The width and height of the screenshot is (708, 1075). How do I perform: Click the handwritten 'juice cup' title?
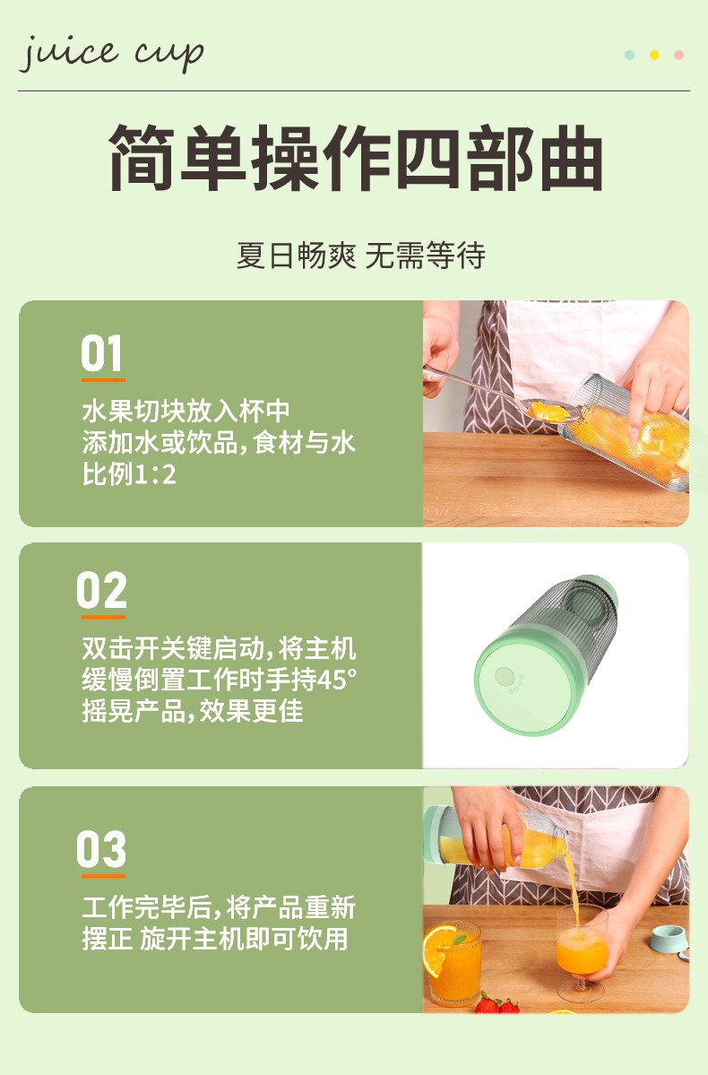click(112, 54)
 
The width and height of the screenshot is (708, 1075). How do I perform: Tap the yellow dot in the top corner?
click(654, 55)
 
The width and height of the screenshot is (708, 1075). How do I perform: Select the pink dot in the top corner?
click(678, 55)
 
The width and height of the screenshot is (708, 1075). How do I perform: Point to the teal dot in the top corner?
click(630, 55)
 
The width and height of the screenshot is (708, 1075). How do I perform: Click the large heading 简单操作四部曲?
click(356, 159)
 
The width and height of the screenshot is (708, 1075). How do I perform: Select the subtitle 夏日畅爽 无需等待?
click(360, 256)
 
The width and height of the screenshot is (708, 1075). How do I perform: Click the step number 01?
click(102, 353)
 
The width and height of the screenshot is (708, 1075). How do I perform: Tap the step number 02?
click(102, 590)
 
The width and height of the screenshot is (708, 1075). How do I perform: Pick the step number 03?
click(101, 849)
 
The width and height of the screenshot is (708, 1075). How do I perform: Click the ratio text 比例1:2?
click(130, 473)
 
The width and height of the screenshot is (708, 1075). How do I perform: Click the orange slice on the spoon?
click(549, 412)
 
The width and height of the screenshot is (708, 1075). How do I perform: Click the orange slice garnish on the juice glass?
click(438, 949)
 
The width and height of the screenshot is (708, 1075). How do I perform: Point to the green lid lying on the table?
click(669, 940)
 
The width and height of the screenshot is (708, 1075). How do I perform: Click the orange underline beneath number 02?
click(103, 617)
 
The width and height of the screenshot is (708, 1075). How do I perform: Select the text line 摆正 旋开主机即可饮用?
click(215, 939)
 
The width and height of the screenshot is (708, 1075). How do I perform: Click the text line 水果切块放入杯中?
click(186, 411)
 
